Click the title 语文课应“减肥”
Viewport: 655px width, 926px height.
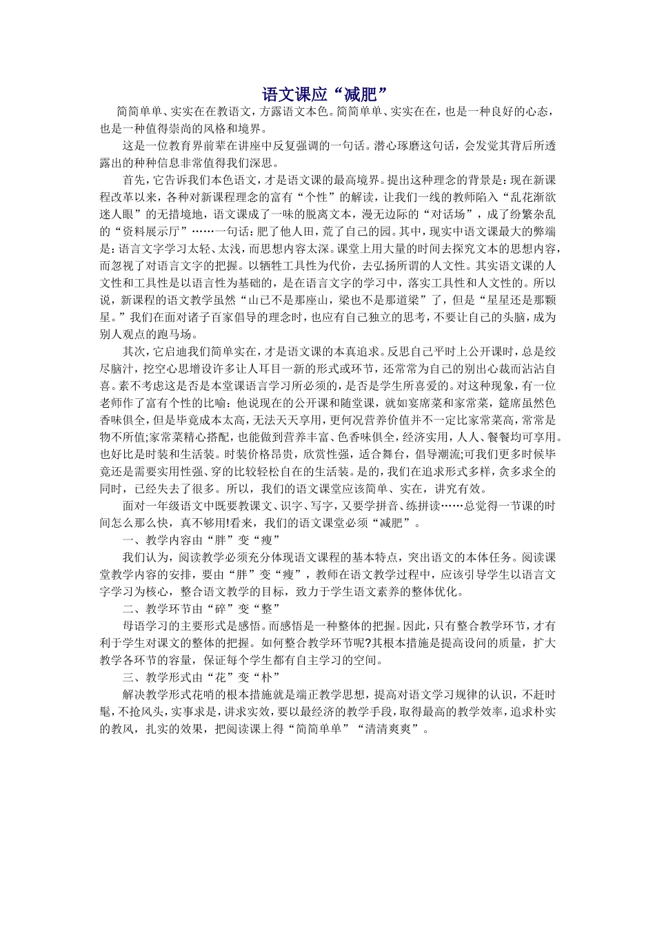tap(327, 94)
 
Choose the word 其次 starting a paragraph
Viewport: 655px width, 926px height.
tap(133, 351)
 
